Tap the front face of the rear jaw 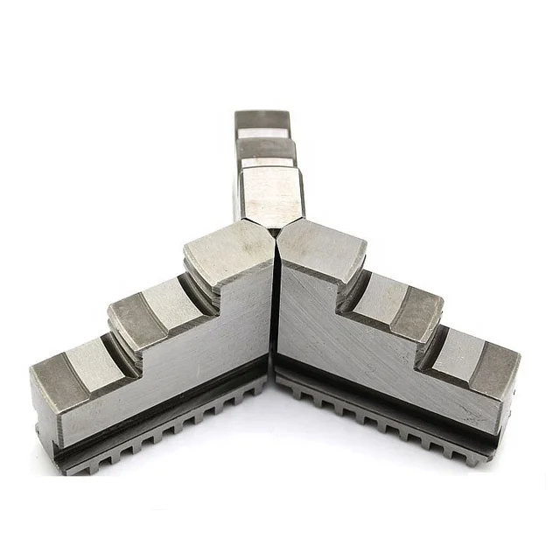pyautogui.click(x=270, y=197)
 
